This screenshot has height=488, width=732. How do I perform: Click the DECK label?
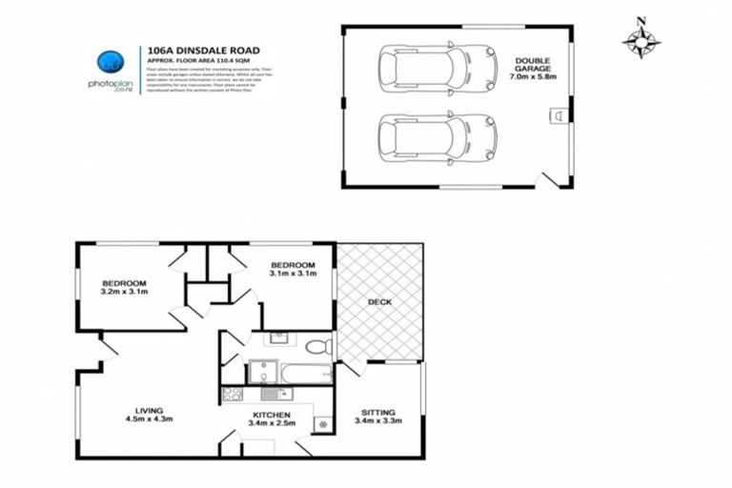tap(380, 302)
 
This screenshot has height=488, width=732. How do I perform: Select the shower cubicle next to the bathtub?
tap(263, 371)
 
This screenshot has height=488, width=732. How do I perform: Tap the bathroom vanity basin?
tap(278, 338)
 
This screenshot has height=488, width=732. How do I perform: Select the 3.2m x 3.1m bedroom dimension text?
tap(125, 294)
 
